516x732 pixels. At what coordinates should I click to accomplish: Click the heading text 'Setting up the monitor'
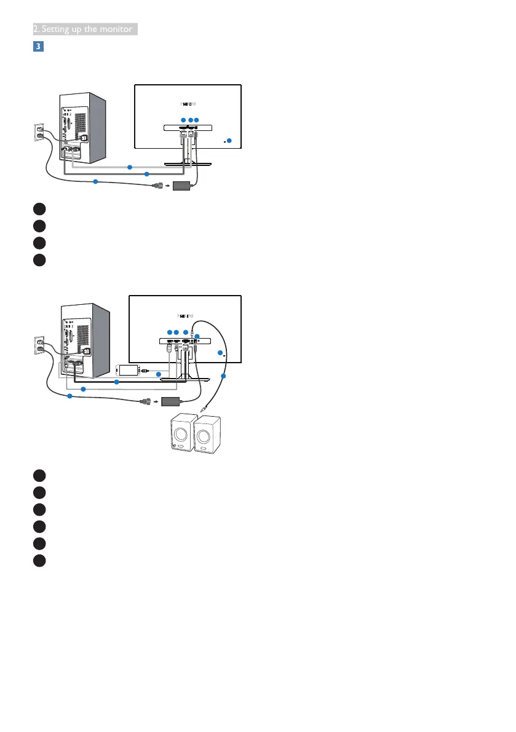point(84,29)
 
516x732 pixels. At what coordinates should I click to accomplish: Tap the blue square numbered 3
point(37,46)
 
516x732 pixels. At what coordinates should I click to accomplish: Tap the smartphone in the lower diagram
point(129,371)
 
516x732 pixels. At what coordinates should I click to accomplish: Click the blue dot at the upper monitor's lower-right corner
point(229,141)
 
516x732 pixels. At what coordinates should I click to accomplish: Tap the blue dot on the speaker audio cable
point(224,376)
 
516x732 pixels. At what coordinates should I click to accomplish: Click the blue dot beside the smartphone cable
point(159,374)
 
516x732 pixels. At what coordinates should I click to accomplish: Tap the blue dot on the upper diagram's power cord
point(95,181)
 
